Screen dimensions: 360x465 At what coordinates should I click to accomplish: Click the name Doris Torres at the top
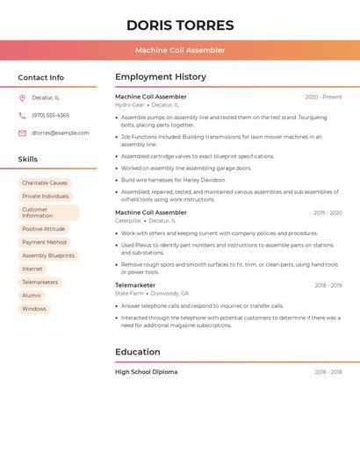180,25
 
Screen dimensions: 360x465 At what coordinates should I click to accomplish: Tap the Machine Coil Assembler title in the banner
180,50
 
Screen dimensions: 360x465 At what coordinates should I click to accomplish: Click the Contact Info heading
40,77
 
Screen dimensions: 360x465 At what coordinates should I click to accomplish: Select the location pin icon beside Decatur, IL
22,97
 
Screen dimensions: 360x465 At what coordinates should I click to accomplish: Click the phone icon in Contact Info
22,115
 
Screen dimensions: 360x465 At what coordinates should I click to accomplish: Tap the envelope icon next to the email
22,132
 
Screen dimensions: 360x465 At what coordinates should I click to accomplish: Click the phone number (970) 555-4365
50,115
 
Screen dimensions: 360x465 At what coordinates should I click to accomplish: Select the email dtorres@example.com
60,132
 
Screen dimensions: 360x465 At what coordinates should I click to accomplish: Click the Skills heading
27,159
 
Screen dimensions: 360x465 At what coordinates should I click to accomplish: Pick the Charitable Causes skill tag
45,183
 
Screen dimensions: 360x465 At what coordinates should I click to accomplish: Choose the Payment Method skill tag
44,242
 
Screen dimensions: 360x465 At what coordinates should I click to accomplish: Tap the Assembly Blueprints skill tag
48,255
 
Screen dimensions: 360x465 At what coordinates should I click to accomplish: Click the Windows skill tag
34,309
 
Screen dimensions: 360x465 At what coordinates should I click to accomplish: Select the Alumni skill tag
32,296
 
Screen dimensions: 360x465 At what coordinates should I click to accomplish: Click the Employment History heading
161,77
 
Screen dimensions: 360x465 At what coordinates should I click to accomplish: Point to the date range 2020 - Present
323,97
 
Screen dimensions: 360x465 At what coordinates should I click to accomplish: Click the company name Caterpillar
128,221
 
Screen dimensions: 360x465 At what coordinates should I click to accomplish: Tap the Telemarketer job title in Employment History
135,285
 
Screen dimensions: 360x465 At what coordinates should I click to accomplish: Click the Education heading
138,352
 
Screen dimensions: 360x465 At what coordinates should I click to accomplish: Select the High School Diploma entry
146,372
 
